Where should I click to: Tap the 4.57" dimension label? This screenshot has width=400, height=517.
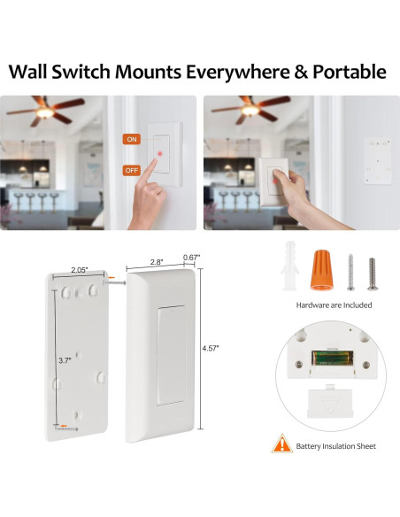point(210,348)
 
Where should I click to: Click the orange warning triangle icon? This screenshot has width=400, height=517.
point(281,444)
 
